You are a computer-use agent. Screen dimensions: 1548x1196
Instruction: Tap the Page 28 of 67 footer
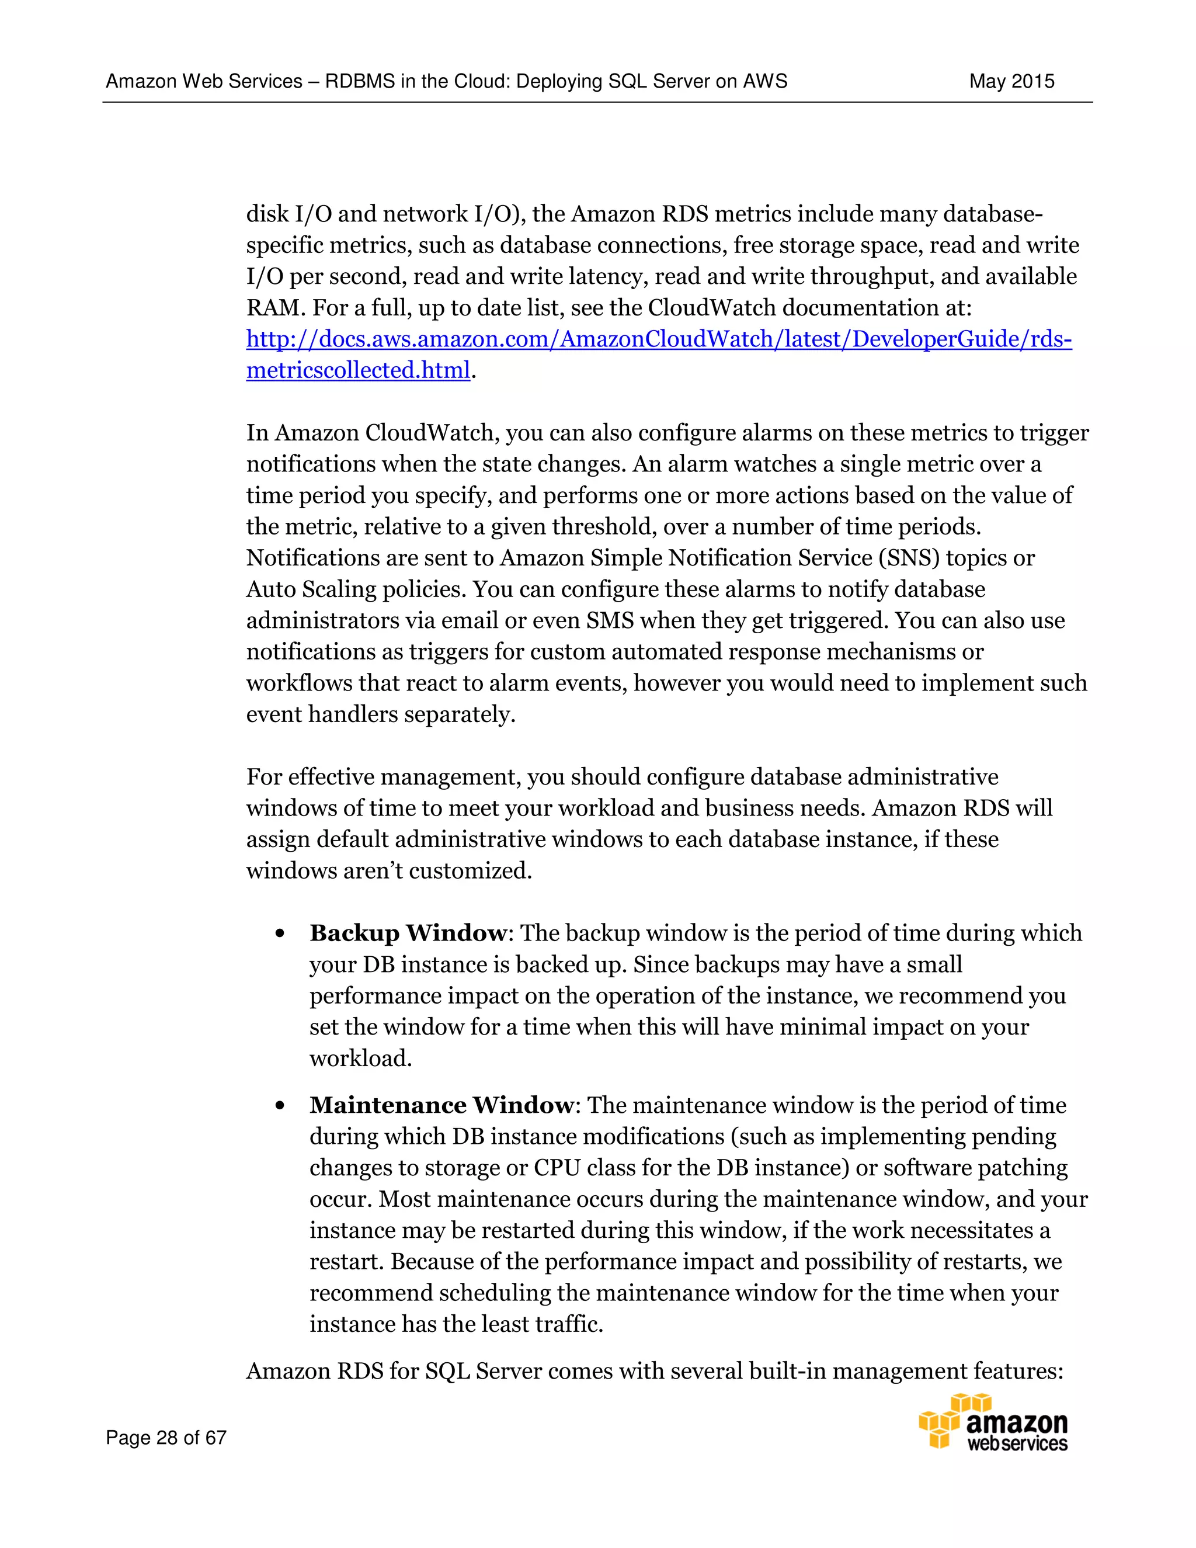166,1438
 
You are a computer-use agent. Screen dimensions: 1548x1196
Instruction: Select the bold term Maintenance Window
441,1105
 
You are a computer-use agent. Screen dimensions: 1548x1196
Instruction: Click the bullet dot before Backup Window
280,934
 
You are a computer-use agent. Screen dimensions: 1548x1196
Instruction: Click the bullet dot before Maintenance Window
280,1106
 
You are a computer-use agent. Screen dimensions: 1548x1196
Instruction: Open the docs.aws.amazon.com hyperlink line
658,339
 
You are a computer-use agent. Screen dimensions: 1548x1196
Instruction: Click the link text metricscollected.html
358,371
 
